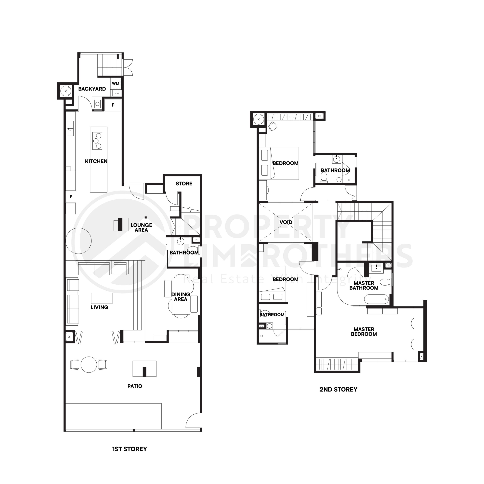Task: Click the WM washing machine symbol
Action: click(x=116, y=83)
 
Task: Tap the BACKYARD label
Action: click(x=92, y=89)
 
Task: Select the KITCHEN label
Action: click(x=96, y=161)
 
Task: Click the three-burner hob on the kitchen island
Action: click(x=97, y=141)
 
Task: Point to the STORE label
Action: click(x=184, y=184)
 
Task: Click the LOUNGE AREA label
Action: click(x=141, y=227)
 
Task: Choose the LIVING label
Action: click(x=99, y=307)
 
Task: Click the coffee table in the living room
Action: click(x=102, y=298)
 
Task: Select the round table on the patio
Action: click(x=89, y=365)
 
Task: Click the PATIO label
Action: click(x=135, y=386)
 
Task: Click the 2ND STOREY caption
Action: click(x=338, y=389)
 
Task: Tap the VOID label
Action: click(x=286, y=222)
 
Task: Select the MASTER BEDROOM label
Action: click(x=364, y=332)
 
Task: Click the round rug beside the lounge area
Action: click(x=78, y=241)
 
